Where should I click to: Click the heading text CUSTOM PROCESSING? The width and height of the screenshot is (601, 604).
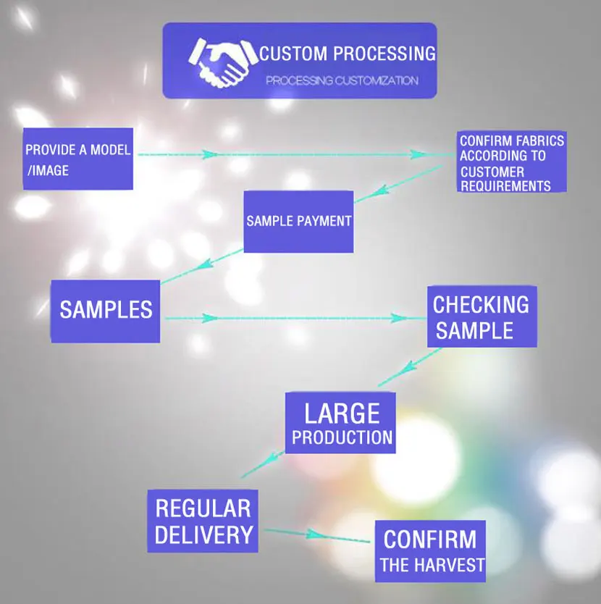348,54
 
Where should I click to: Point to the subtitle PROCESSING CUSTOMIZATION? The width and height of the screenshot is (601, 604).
342,80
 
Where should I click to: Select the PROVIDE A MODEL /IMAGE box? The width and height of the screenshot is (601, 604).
78,159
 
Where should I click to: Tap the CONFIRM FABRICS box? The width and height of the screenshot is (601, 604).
512,162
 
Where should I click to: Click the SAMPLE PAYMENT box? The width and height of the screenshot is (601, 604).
298,222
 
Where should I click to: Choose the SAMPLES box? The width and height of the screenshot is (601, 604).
106,311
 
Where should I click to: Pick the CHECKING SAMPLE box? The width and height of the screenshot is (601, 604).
482,316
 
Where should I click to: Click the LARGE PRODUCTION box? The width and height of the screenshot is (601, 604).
341,423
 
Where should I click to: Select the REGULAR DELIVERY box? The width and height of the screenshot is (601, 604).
203,521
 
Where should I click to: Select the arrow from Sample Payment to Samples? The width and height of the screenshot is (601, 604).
203,266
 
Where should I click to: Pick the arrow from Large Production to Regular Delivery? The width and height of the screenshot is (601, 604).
264,464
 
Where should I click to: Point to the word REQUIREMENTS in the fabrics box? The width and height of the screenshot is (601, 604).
505,185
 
